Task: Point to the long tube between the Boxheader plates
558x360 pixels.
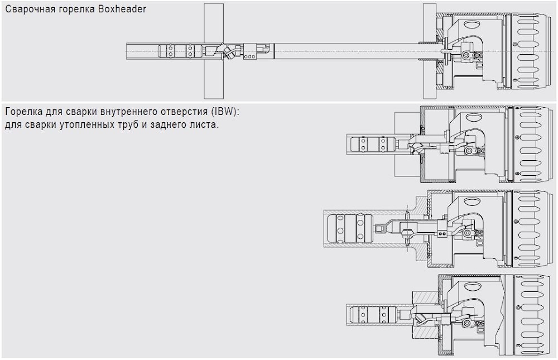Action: coord(346,51)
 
